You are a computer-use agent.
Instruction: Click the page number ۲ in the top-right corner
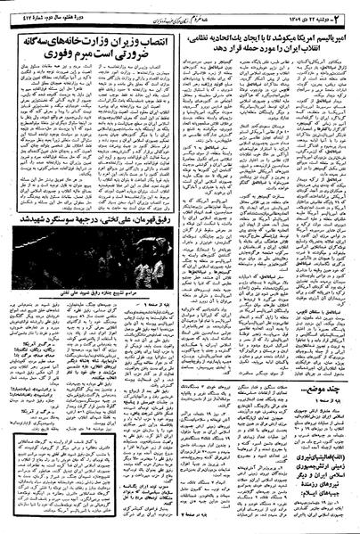(x=350, y=11)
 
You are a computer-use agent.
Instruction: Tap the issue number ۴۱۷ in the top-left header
(x=20, y=12)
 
